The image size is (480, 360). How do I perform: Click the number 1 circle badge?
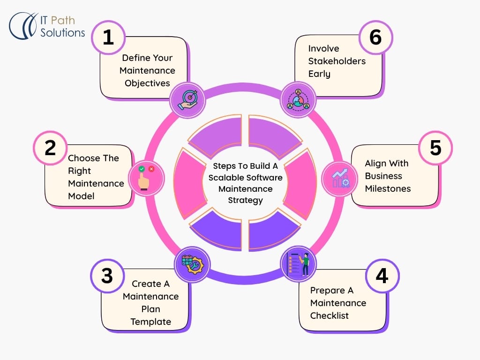click(x=108, y=37)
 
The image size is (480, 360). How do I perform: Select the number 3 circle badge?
click(x=107, y=276)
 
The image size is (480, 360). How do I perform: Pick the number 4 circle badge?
click(x=382, y=276)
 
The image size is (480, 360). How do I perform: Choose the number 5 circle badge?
click(x=435, y=148)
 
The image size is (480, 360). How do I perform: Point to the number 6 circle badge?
click(x=375, y=37)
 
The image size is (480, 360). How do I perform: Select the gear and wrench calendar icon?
click(x=193, y=264)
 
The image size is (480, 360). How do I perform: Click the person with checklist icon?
click(x=299, y=264)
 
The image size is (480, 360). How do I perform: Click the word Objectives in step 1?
click(x=147, y=83)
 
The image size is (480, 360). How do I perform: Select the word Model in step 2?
click(x=81, y=196)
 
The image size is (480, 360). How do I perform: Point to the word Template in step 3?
click(x=150, y=322)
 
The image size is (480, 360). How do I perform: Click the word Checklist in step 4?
click(x=329, y=315)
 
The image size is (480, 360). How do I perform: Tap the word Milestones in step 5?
click(x=388, y=188)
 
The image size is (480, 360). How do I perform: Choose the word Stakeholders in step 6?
click(x=337, y=61)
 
